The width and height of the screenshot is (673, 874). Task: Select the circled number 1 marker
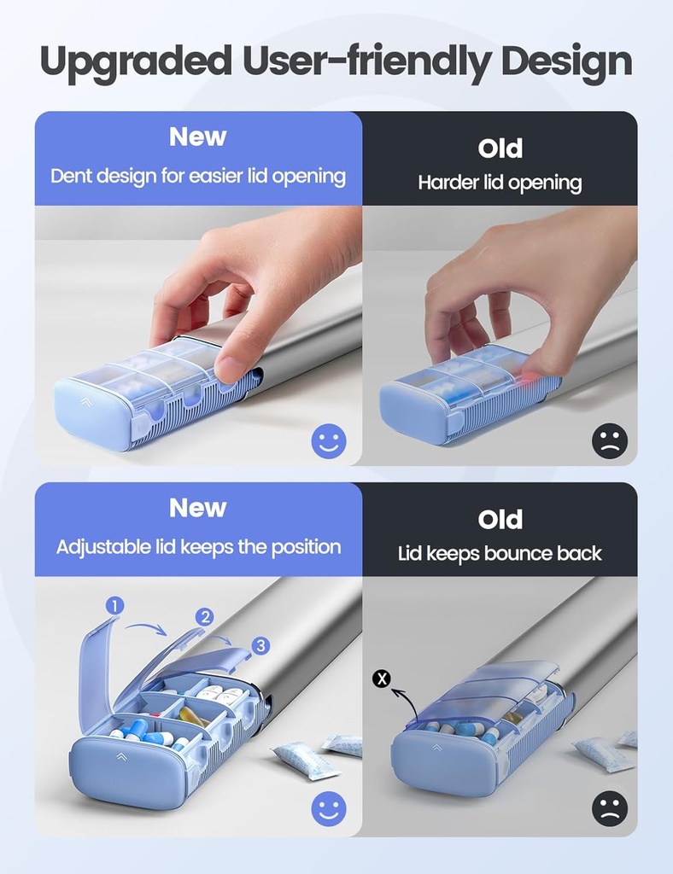tap(114, 606)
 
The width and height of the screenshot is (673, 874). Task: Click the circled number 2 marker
tap(204, 617)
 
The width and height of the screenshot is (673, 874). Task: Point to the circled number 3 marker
tap(261, 645)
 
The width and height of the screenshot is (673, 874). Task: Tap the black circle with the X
tap(383, 679)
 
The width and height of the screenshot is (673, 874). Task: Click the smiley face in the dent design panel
tap(328, 441)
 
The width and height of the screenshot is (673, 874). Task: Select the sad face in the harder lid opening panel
tap(610, 441)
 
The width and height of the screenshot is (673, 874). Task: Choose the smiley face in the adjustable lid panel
tap(328, 808)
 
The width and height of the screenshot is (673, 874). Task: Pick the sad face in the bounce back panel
tap(610, 808)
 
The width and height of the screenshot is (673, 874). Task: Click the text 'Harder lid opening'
tap(500, 183)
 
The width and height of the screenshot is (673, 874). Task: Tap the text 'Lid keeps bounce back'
tap(500, 554)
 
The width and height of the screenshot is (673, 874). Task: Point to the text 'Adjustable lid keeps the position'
tap(198, 547)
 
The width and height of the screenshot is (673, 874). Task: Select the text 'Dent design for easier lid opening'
tap(198, 177)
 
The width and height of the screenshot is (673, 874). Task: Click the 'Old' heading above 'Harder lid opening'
tap(500, 149)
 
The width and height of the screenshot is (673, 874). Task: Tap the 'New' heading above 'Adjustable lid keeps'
tap(198, 508)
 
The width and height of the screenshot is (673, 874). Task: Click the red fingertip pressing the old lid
tap(534, 382)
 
